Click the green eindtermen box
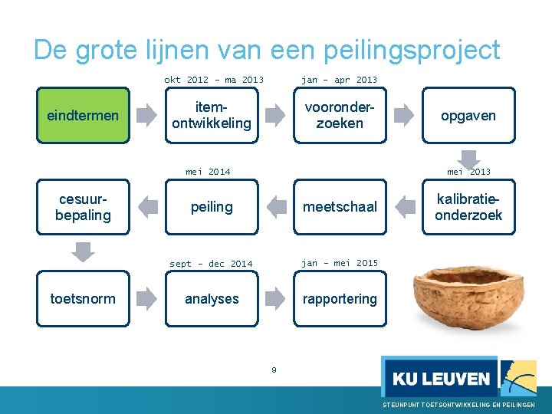(x=83, y=116)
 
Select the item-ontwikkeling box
(x=212, y=116)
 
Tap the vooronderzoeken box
(x=340, y=116)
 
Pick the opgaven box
(x=468, y=116)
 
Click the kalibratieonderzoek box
(x=468, y=207)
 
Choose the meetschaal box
(x=340, y=207)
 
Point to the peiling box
(x=212, y=207)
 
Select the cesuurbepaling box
(x=83, y=207)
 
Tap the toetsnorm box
(x=83, y=299)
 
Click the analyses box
(x=212, y=299)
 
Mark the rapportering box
(x=340, y=299)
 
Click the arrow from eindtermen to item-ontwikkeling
(x=146, y=116)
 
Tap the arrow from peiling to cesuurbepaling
(x=146, y=206)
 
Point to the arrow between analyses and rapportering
(x=274, y=299)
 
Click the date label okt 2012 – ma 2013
(x=214, y=80)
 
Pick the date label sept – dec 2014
(x=211, y=264)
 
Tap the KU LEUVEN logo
(x=440, y=376)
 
